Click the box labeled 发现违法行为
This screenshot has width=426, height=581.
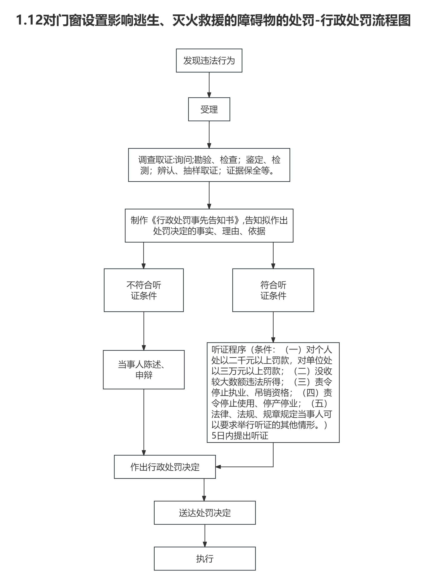click(x=209, y=60)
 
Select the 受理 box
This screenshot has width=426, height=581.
click(x=209, y=109)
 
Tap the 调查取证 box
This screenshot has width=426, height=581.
click(x=209, y=165)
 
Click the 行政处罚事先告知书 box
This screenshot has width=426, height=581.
click(x=209, y=226)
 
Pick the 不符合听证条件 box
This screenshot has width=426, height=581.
click(x=144, y=290)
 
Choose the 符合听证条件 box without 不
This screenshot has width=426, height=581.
click(x=273, y=290)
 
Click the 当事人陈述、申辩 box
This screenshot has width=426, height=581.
click(x=144, y=369)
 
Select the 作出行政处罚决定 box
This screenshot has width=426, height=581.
click(x=165, y=467)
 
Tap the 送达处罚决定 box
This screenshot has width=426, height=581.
click(x=205, y=513)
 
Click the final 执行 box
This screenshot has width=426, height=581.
click(x=205, y=559)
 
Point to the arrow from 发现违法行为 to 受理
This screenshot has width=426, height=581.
click(x=209, y=85)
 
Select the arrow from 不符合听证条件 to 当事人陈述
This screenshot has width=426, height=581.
click(x=144, y=331)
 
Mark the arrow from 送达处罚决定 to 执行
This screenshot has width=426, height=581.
click(x=205, y=536)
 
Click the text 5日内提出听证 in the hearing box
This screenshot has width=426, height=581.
click(x=240, y=436)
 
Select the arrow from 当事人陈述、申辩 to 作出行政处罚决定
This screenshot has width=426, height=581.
click(x=144, y=422)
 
